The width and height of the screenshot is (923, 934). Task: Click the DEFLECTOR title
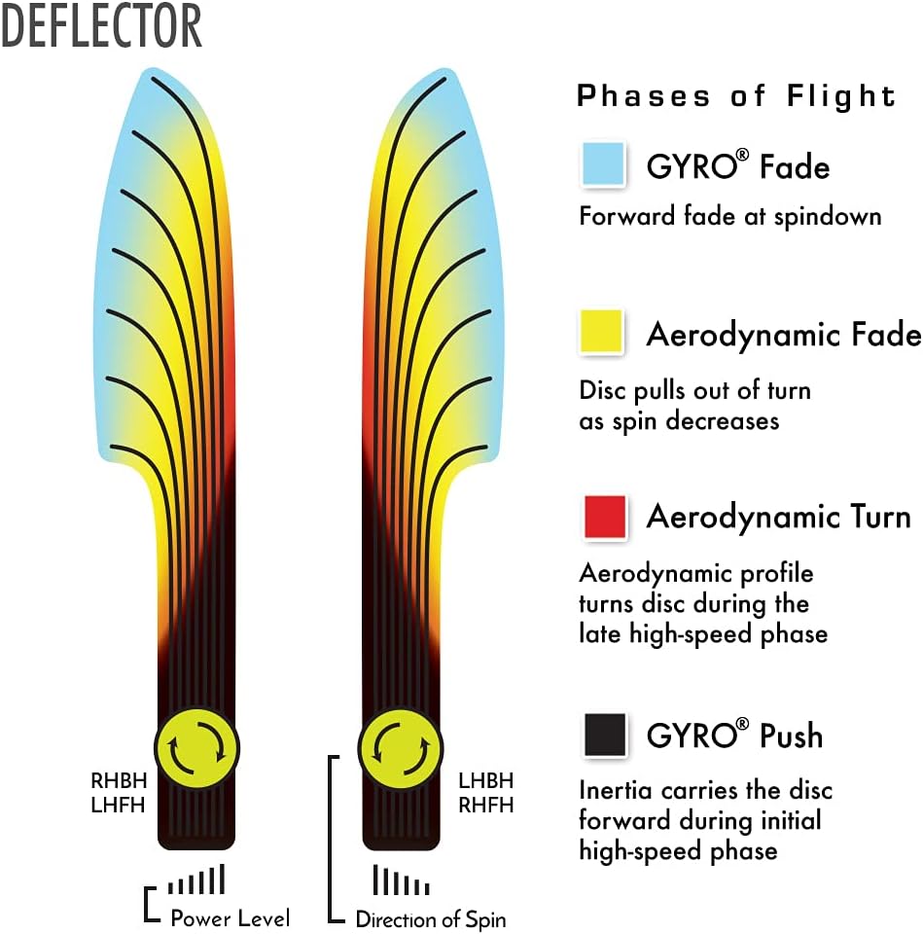101,26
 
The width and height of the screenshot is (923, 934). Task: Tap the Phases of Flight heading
736,96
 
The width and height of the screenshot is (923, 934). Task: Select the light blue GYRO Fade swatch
603,164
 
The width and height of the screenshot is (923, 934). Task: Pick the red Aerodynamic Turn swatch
603,516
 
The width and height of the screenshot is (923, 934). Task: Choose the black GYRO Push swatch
603,735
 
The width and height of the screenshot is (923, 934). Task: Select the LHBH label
485,780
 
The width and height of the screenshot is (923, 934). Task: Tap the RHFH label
485,805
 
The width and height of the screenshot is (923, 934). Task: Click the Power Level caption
230,917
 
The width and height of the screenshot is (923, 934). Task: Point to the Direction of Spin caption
430,918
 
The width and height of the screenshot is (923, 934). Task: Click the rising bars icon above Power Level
196,880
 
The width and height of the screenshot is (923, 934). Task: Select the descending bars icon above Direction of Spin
401,880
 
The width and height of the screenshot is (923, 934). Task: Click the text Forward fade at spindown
729,215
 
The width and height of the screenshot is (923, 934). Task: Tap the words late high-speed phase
703,633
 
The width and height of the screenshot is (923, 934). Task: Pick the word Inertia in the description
614,789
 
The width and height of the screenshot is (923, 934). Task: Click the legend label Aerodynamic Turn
778,516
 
